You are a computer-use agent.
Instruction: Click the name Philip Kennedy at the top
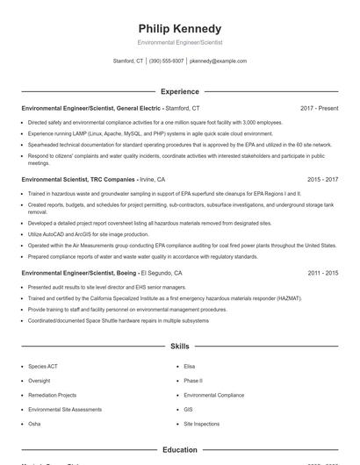coord(180,28)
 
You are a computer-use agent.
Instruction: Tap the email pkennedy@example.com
coord(218,61)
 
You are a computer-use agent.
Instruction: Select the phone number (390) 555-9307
coord(166,61)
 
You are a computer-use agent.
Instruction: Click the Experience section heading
coord(180,91)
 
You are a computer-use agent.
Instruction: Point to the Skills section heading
coord(180,347)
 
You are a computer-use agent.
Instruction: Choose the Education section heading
coord(180,450)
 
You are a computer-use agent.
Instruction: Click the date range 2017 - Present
coord(319,108)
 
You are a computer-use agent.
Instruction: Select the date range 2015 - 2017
coord(322,179)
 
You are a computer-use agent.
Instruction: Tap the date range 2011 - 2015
coord(322,274)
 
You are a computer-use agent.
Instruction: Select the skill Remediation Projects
coord(53,397)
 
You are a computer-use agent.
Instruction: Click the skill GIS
coord(189,410)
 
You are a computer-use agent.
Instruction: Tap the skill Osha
coord(35,424)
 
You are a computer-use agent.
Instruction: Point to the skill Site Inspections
coord(202,424)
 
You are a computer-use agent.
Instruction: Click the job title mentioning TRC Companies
coord(78,179)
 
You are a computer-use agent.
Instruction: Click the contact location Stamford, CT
coord(128,61)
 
